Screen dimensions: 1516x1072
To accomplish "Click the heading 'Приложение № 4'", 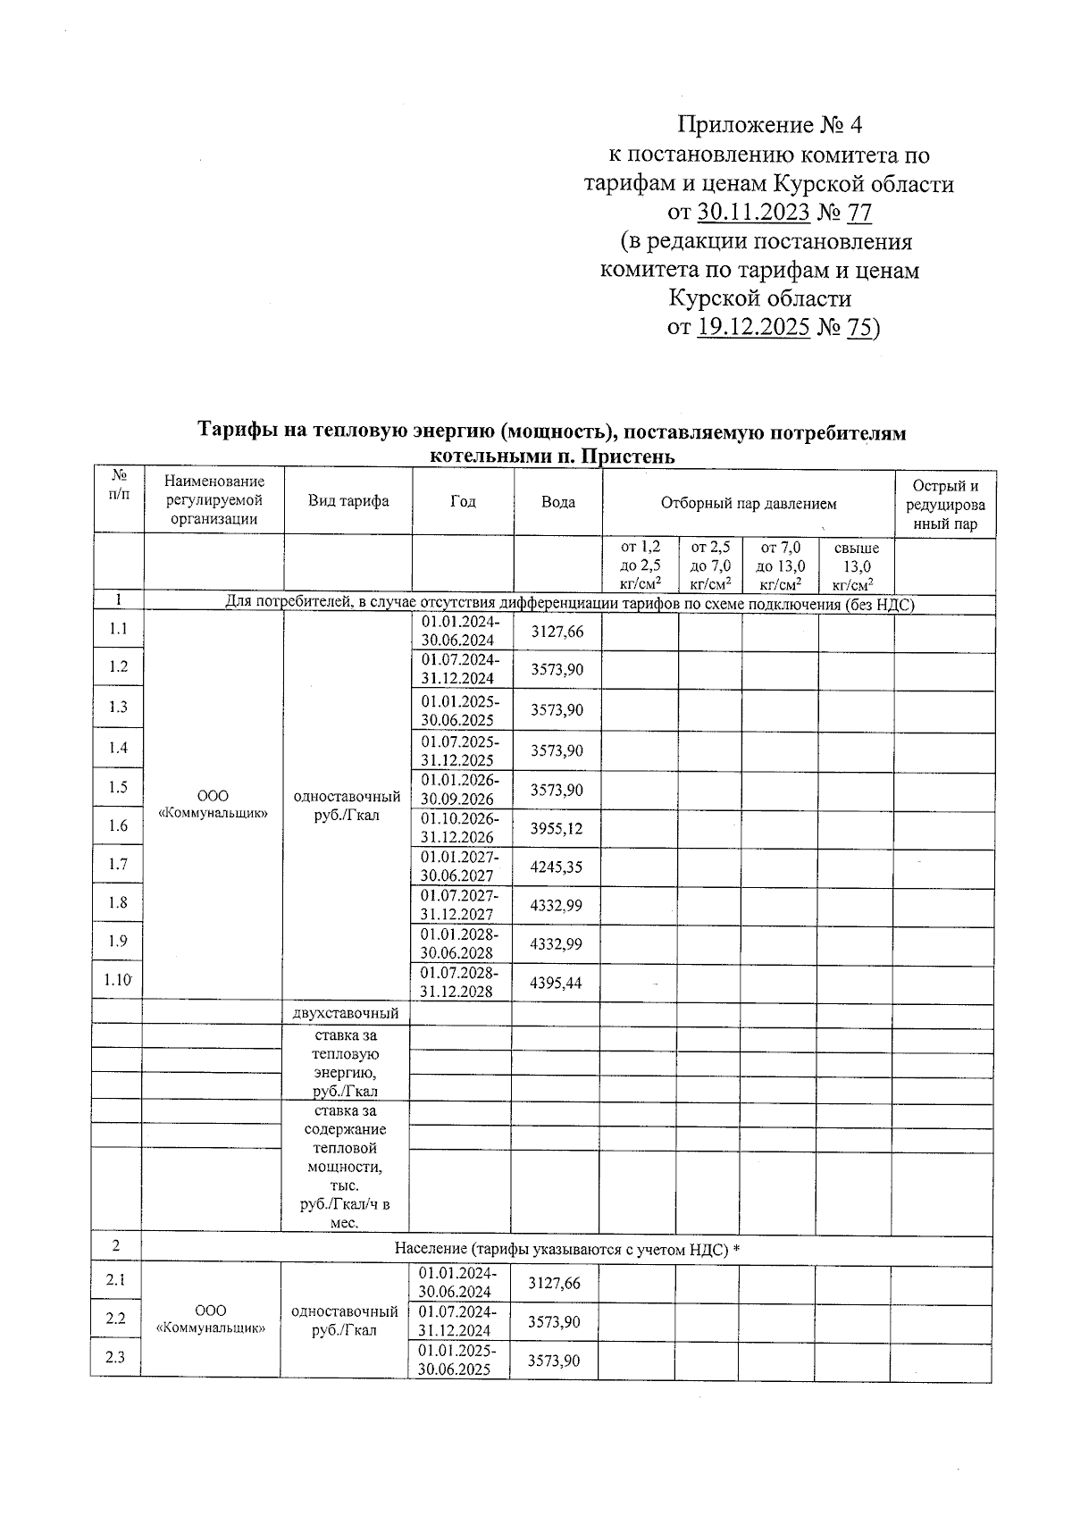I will click(769, 124).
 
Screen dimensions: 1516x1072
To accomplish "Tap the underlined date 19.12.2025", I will click(753, 328).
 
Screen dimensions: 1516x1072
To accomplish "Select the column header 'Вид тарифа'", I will click(348, 501).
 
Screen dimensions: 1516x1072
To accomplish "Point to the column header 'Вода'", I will click(558, 502).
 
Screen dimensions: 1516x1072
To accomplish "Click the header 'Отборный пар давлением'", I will click(749, 503).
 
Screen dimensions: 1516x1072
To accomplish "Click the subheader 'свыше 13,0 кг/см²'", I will click(855, 565).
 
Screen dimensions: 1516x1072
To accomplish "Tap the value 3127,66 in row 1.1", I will click(557, 632).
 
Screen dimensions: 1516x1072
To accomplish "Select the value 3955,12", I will click(556, 829).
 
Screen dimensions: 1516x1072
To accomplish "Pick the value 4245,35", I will click(556, 866).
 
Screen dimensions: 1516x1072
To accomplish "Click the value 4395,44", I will click(556, 983).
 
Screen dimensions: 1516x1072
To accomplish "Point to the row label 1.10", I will click(118, 980).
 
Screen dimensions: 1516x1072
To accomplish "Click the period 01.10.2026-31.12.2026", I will click(460, 828).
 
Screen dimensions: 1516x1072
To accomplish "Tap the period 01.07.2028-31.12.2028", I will click(460, 981).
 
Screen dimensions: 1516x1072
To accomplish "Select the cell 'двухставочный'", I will click(346, 1014).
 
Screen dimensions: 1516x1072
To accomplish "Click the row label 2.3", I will click(115, 1358).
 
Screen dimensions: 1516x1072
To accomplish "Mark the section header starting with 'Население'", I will click(567, 1249).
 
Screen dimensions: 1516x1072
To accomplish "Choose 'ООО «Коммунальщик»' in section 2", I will click(211, 1319).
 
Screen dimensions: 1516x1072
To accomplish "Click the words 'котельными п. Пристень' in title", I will click(551, 456).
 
